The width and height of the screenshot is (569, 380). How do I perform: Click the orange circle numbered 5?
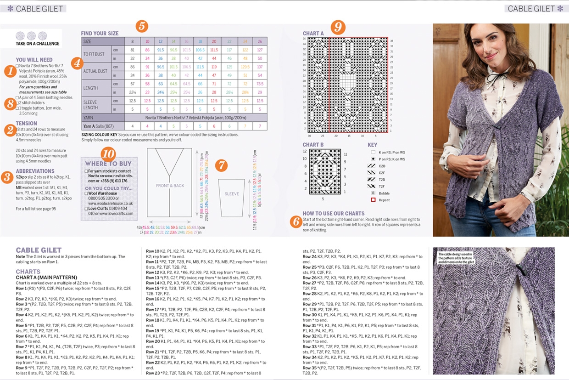142,26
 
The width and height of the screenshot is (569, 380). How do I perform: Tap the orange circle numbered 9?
338,27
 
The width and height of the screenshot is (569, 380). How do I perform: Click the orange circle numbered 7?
222,165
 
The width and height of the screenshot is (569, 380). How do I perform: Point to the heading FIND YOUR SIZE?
100,34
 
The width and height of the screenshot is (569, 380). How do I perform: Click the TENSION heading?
27,123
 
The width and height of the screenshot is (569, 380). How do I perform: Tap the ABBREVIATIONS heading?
35,171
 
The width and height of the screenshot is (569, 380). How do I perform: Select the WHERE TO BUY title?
108,164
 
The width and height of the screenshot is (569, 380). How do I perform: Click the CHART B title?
313,145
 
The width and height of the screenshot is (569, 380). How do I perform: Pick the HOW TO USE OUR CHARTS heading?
333,214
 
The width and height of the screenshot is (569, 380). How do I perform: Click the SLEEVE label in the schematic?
231,194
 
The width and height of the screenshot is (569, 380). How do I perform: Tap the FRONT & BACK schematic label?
170,186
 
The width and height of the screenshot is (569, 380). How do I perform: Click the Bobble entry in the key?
384,193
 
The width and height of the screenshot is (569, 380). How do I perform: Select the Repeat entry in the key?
384,200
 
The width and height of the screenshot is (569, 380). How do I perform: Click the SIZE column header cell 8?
133,41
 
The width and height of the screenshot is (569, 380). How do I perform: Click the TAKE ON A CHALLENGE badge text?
38,44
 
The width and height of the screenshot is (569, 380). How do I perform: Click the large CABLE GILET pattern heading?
39,250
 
